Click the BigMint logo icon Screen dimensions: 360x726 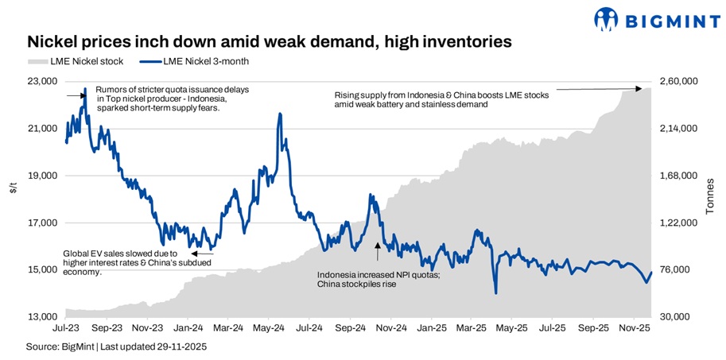tap(608, 19)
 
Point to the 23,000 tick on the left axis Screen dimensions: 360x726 tap(43, 81)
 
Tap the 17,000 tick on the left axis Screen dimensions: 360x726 tap(43, 223)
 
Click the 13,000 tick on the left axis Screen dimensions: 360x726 tap(43, 317)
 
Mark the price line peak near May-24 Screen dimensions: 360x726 tap(280, 114)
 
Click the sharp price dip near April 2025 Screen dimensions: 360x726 tap(495, 293)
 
